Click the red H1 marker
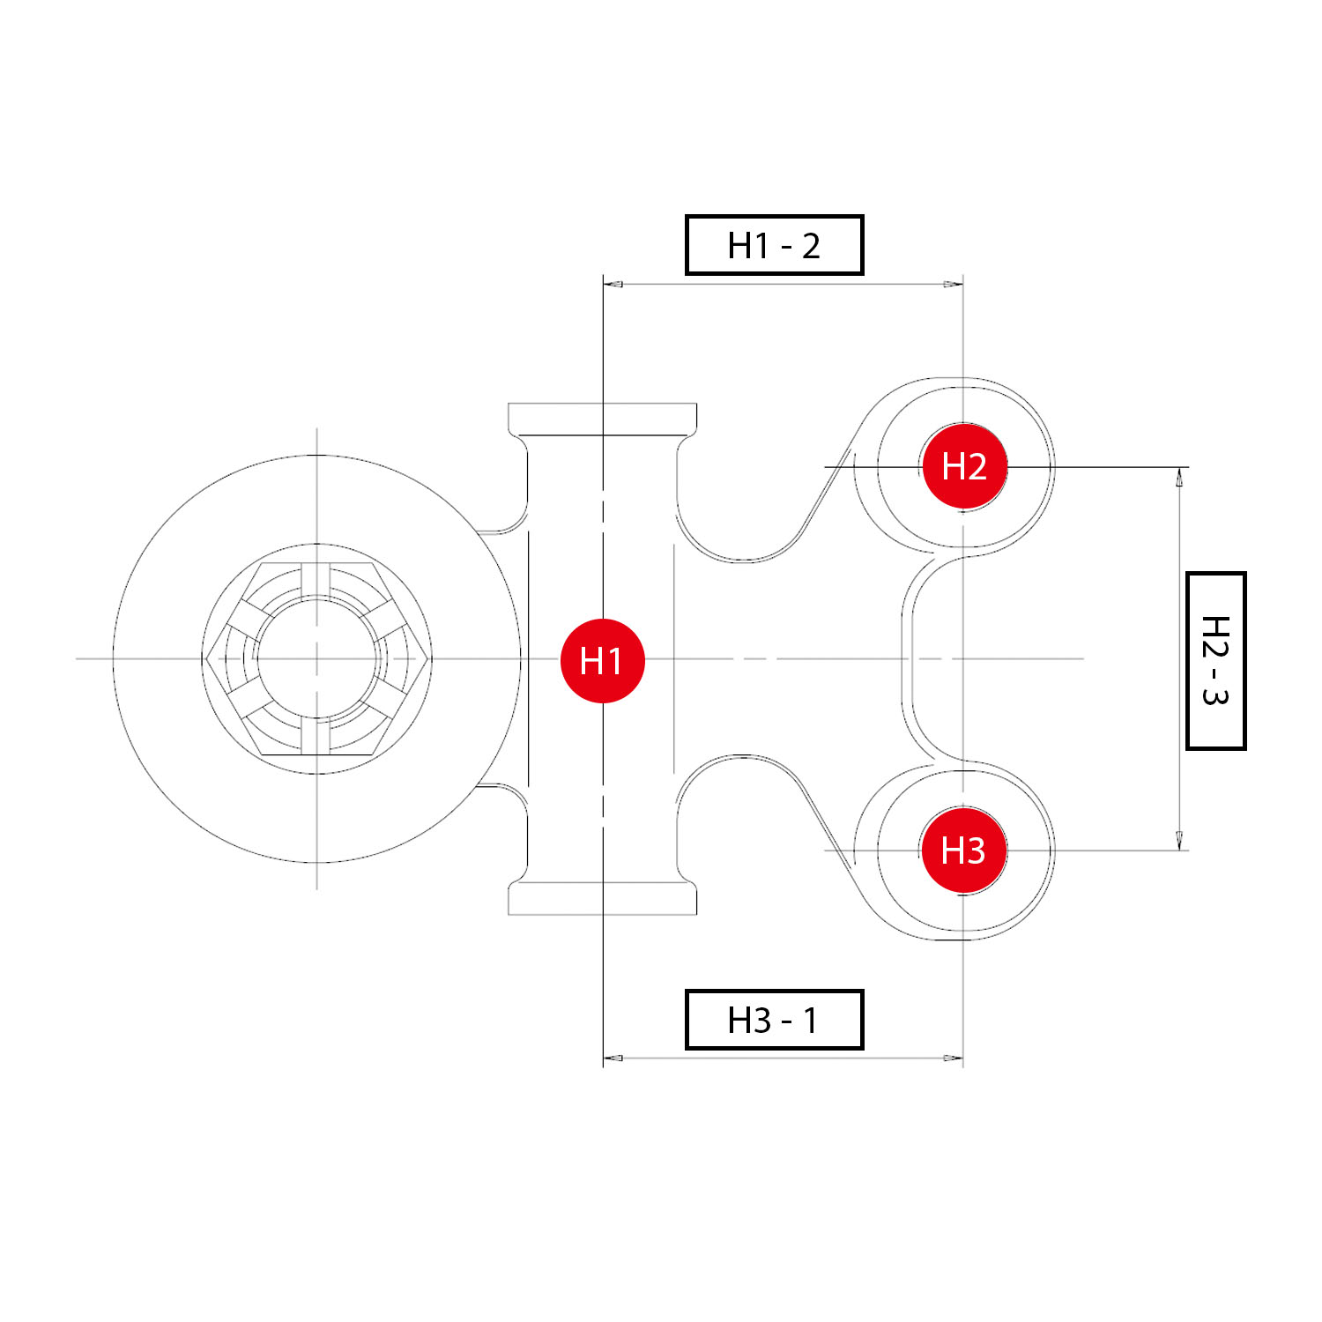pyautogui.click(x=603, y=660)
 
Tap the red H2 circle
pyautogui.click(x=964, y=466)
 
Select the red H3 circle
pyautogui.click(x=963, y=850)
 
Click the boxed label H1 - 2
pyautogui.click(x=774, y=245)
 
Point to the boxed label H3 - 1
pyautogui.click(x=774, y=1020)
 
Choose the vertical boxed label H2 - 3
pyautogui.click(x=1215, y=661)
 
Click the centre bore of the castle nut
pyautogui.click(x=317, y=658)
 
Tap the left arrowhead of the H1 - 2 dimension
pyautogui.click(x=613, y=284)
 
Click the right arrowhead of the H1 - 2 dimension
pyautogui.click(x=953, y=284)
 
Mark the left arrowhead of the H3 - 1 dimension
pyautogui.click(x=613, y=1058)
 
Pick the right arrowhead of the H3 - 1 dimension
pyautogui.click(x=953, y=1058)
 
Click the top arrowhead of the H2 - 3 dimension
pyautogui.click(x=1179, y=478)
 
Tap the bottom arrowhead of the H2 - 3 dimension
pyautogui.click(x=1179, y=840)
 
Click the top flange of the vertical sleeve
pyautogui.click(x=603, y=420)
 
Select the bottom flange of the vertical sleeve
pyautogui.click(x=603, y=898)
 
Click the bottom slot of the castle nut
pyautogui.click(x=316, y=737)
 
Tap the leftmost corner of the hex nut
pyautogui.click(x=205, y=658)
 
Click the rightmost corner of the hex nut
pyautogui.click(x=429, y=658)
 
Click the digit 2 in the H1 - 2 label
pyautogui.click(x=811, y=246)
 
